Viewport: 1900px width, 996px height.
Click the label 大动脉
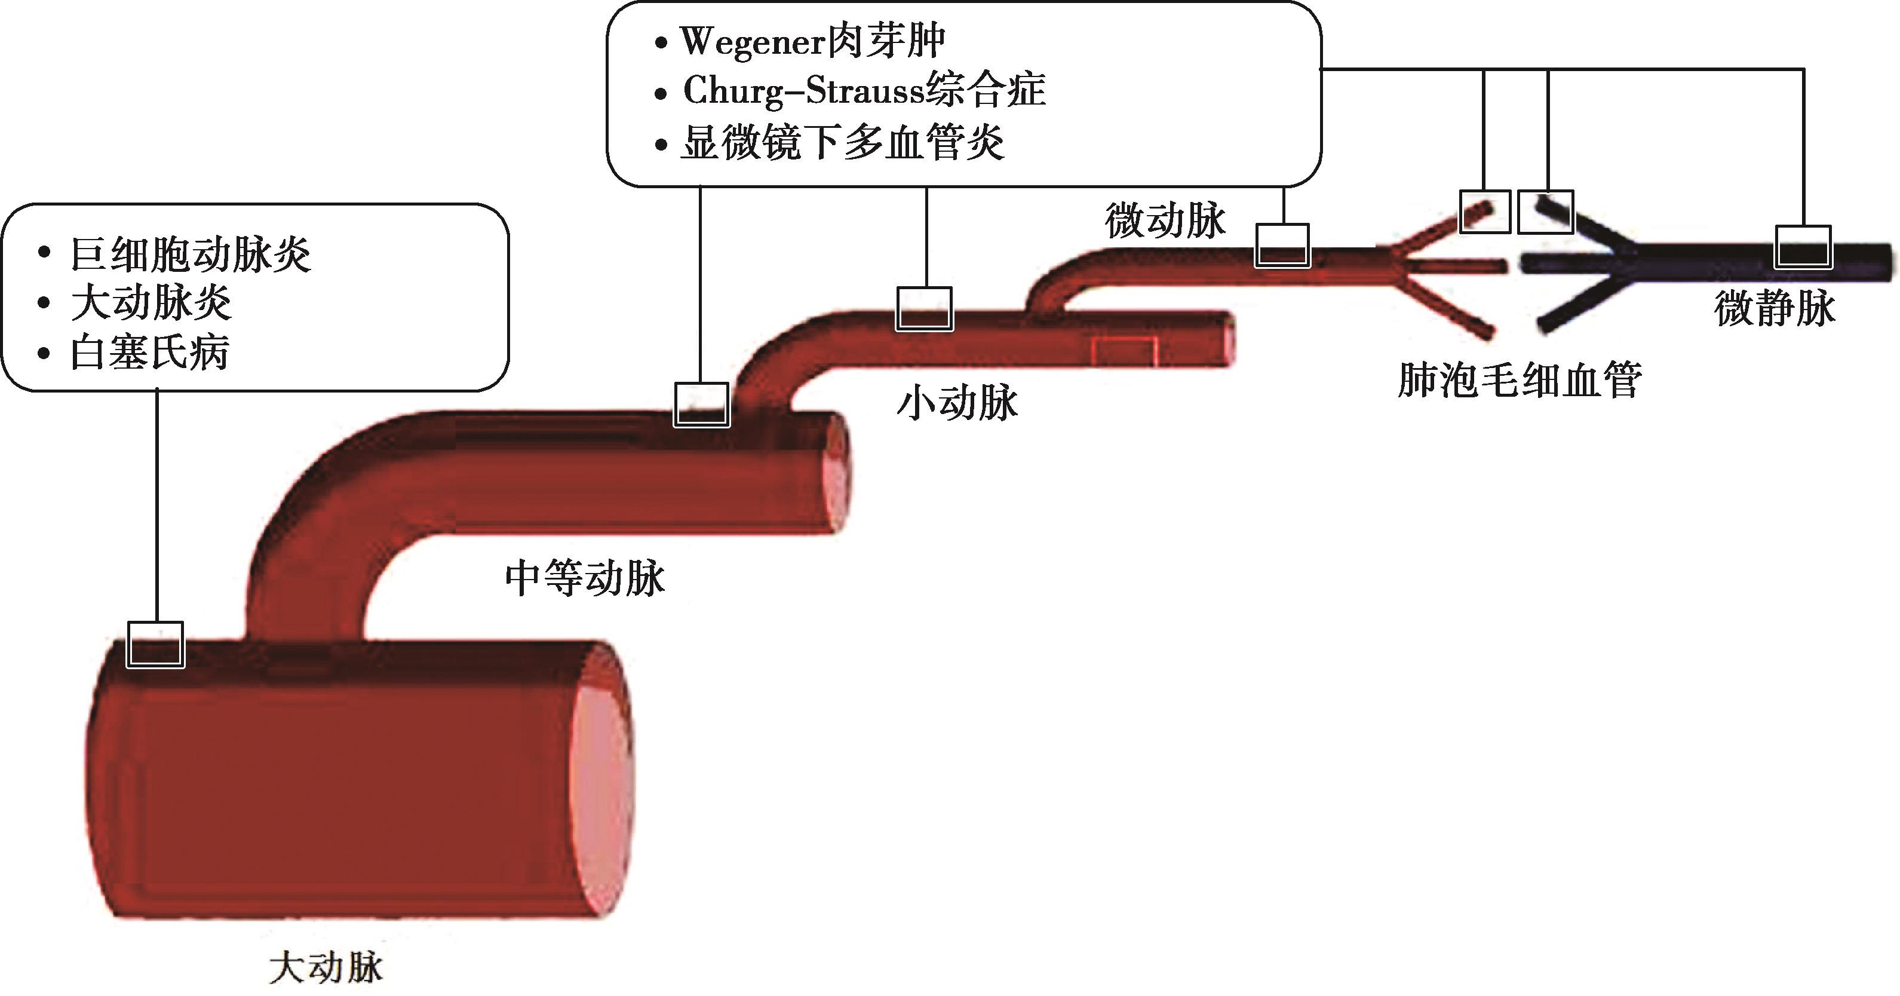point(326,967)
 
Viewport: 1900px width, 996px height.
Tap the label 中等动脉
point(585,578)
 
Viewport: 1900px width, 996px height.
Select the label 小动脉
point(957,403)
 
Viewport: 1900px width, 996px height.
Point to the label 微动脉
point(1165,220)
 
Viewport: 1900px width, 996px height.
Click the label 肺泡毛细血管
point(1520,381)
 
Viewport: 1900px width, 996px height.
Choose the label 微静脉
point(1775,308)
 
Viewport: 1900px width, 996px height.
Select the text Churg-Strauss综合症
point(864,91)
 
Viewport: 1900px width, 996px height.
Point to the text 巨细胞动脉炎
point(191,255)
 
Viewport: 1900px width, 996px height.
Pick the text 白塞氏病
point(150,353)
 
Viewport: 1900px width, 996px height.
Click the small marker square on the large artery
point(155,644)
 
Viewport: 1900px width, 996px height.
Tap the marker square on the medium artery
point(701,404)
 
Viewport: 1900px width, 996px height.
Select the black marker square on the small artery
point(924,308)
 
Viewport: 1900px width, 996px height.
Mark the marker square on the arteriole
point(1282,246)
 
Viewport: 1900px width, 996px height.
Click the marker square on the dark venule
point(1803,246)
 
